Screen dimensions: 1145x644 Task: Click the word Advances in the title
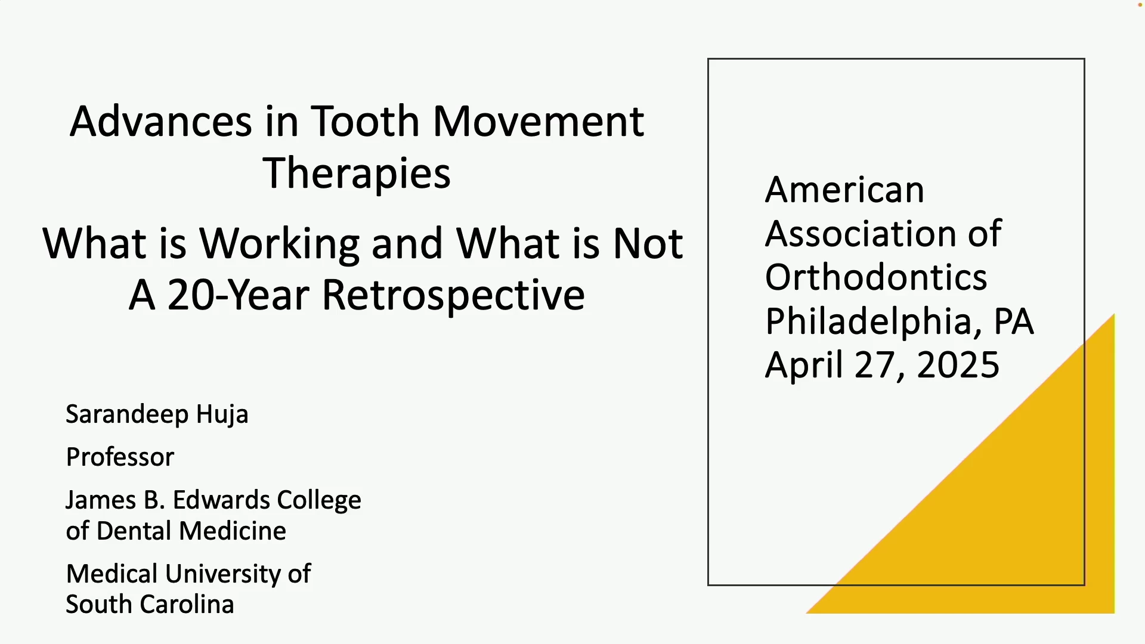pyautogui.click(x=161, y=121)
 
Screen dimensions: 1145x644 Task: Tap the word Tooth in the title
pyautogui.click(x=366, y=121)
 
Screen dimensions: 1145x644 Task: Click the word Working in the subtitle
pyautogui.click(x=280, y=244)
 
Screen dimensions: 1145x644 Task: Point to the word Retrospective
pyautogui.click(x=453, y=296)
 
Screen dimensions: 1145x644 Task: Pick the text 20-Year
pyautogui.click(x=239, y=295)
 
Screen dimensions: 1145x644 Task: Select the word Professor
pyautogui.click(x=120, y=457)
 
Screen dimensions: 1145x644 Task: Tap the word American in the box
pyautogui.click(x=844, y=190)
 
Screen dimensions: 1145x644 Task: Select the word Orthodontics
pyautogui.click(x=876, y=277)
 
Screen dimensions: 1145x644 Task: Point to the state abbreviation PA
pyautogui.click(x=1014, y=321)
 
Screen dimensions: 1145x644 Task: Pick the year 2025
pyautogui.click(x=958, y=365)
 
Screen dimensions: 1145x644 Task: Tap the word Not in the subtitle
pyautogui.click(x=648, y=244)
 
